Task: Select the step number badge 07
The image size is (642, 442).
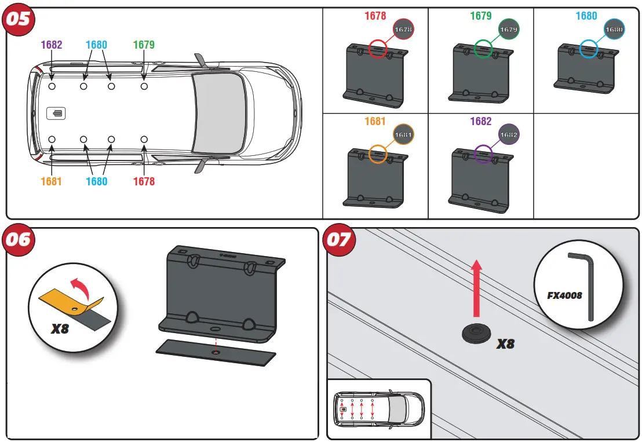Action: click(x=340, y=239)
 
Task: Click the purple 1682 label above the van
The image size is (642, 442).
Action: click(x=52, y=45)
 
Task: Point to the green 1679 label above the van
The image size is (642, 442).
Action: click(x=144, y=45)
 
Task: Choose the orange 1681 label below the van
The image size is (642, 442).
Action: click(x=51, y=181)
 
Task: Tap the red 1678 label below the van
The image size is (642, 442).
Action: click(x=144, y=181)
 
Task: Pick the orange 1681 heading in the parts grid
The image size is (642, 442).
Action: click(x=375, y=122)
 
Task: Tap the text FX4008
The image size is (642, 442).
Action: click(x=564, y=295)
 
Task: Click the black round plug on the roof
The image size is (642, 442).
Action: click(x=476, y=333)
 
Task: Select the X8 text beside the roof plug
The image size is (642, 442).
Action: click(x=506, y=344)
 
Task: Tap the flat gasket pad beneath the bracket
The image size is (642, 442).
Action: click(x=216, y=352)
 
